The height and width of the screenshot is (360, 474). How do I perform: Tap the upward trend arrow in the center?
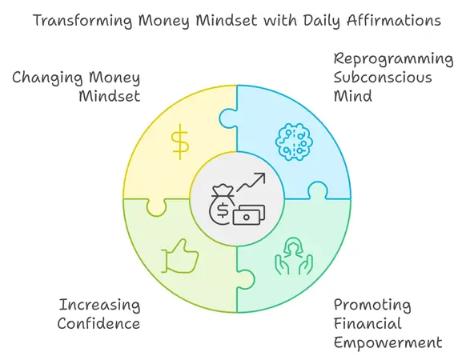(251, 182)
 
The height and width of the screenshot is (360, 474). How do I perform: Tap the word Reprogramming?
(393, 59)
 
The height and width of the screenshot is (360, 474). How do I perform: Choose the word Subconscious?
(383, 78)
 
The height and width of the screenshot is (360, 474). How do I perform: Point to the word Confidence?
(99, 323)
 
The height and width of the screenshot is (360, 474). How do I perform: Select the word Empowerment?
(388, 342)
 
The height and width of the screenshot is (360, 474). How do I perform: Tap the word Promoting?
(372, 305)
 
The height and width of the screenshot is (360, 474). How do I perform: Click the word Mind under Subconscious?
(351, 97)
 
